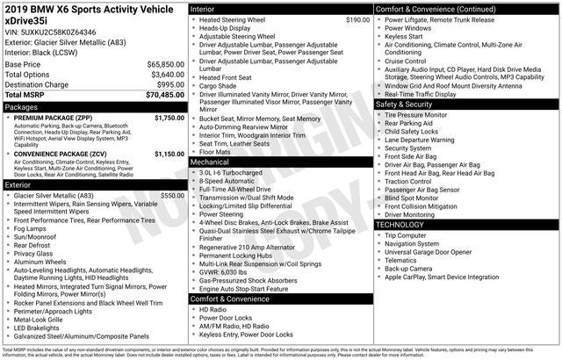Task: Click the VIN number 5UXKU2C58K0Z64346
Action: [x=53, y=31]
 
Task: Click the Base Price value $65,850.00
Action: [x=164, y=65]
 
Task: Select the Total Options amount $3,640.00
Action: [x=166, y=75]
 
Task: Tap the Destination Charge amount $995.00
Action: [x=169, y=84]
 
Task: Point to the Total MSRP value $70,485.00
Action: [x=164, y=95]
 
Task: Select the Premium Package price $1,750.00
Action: [x=169, y=117]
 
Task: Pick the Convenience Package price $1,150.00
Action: [x=169, y=154]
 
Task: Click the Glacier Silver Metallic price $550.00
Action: [x=172, y=196]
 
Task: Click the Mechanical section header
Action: [x=210, y=162]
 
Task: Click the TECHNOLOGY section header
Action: [x=400, y=225]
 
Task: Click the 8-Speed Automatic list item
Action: [x=230, y=180]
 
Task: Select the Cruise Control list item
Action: [x=405, y=61]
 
